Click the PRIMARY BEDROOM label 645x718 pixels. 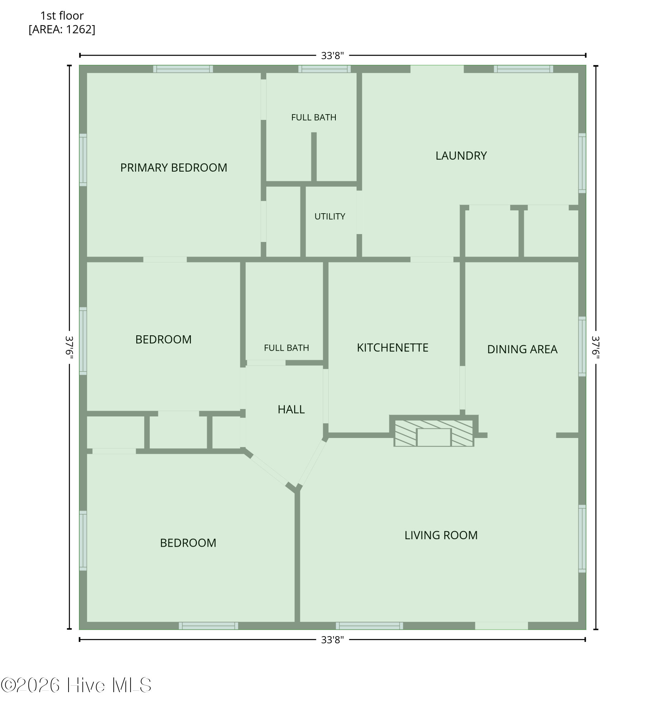coord(174,168)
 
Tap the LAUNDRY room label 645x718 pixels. coord(461,155)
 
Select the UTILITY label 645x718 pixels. coord(330,216)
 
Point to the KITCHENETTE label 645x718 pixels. coord(392,348)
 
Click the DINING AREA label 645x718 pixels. coord(522,349)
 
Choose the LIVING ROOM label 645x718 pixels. coord(441,535)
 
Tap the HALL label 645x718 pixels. coord(291,409)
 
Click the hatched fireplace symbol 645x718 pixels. coord(434,433)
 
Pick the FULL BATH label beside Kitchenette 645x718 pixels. coord(286,348)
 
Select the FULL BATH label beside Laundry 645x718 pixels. coord(314,117)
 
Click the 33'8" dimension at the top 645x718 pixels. coord(332,56)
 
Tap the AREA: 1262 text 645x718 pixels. coord(62,29)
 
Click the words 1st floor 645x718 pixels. coord(62,16)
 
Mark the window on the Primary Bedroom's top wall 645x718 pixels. coord(183,69)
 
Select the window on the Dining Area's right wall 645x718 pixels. coord(582,346)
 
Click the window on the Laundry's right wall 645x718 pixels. coord(582,163)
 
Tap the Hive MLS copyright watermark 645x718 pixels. coord(76,685)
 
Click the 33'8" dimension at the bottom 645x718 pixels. coord(332,640)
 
